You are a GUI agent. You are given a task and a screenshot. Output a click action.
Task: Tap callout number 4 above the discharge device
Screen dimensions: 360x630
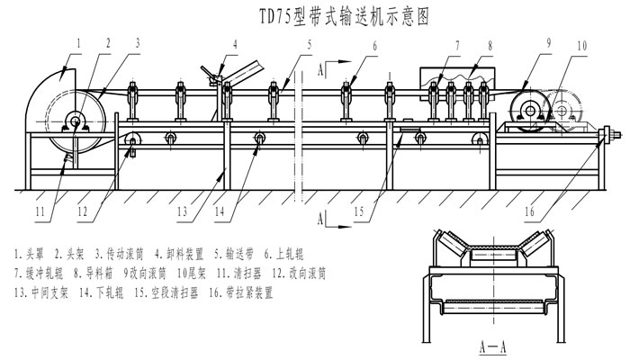click(x=234, y=42)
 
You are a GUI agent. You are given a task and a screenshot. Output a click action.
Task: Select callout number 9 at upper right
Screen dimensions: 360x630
click(x=546, y=42)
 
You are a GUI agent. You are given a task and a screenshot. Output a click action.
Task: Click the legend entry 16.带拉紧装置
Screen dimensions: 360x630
click(x=238, y=292)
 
